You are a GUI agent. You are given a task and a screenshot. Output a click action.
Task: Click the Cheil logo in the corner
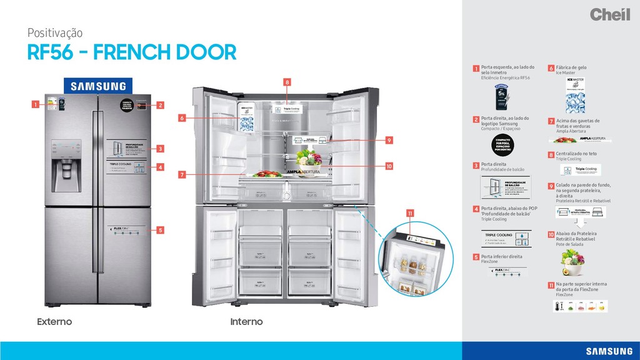[609, 14]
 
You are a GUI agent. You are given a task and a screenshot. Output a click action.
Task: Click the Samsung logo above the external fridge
[97, 86]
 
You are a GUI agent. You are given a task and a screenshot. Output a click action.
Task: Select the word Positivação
[55, 32]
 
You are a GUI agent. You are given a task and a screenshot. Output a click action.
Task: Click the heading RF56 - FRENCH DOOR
[131, 52]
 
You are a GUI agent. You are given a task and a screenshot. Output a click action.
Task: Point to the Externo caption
[54, 322]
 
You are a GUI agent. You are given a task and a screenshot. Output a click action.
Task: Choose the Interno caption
[246, 322]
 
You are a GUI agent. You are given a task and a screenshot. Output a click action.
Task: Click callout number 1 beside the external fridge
[36, 104]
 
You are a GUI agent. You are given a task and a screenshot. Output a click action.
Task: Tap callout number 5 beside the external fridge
[160, 230]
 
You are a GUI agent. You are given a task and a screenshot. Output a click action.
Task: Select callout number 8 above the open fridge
[287, 82]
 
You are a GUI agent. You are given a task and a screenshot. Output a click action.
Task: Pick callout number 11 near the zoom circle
[411, 214]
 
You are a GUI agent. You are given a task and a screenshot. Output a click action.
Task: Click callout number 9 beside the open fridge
[388, 140]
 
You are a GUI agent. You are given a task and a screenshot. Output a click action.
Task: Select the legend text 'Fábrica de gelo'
[571, 67]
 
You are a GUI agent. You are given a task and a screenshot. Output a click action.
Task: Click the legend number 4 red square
[476, 209]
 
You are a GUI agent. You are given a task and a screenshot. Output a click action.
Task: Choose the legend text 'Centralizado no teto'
[576, 153]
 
